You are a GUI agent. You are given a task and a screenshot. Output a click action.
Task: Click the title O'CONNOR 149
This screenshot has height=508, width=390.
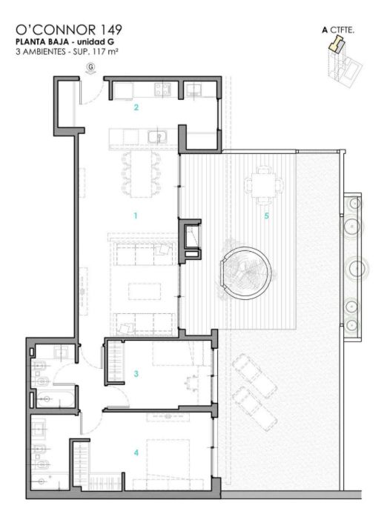(x=69, y=30)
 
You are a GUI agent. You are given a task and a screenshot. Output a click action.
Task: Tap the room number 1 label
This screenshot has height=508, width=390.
(x=136, y=215)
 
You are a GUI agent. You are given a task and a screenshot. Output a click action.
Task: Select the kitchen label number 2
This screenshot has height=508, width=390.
(x=136, y=107)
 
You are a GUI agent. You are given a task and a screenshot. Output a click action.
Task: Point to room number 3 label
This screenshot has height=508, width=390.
(x=136, y=373)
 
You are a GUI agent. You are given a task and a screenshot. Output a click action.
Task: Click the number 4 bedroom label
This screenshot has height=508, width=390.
(x=136, y=452)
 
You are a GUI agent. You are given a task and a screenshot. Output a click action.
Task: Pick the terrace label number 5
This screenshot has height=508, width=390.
(x=266, y=215)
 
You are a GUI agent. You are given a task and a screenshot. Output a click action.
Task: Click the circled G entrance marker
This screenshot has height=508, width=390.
(x=91, y=67)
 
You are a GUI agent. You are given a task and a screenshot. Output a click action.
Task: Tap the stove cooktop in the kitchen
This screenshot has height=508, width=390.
(x=163, y=90)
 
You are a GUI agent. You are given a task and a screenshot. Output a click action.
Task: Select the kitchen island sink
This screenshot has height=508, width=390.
(x=157, y=137)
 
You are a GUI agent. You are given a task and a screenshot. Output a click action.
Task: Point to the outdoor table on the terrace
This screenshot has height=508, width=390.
(x=263, y=185)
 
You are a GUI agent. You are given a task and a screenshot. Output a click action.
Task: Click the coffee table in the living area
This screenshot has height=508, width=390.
(x=145, y=291)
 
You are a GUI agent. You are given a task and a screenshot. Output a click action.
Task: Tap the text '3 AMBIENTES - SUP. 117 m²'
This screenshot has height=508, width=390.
(x=67, y=52)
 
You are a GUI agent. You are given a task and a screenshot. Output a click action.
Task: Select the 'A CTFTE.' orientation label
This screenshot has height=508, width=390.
(x=338, y=30)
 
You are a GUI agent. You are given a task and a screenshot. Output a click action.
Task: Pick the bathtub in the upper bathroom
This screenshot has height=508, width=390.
(x=55, y=398)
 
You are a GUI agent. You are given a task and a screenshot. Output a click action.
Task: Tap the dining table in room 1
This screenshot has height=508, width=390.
(x=141, y=175)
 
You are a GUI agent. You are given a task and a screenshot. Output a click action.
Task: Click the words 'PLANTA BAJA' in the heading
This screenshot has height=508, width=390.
(x=42, y=41)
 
